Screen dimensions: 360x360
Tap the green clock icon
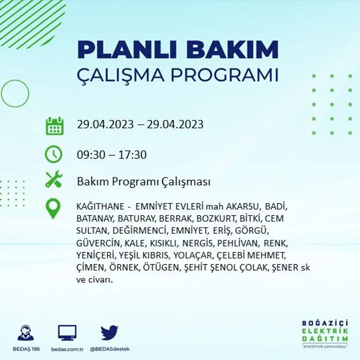point(54,155)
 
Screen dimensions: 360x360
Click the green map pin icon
point(53,209)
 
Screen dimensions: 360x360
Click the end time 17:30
point(133,155)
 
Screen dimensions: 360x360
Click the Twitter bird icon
point(109,333)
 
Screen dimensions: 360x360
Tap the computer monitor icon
point(67,333)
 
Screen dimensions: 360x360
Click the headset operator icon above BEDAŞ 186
point(26,333)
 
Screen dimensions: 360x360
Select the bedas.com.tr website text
point(67,349)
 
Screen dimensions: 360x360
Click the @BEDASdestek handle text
point(109,349)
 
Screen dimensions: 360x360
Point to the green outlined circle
point(15,94)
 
